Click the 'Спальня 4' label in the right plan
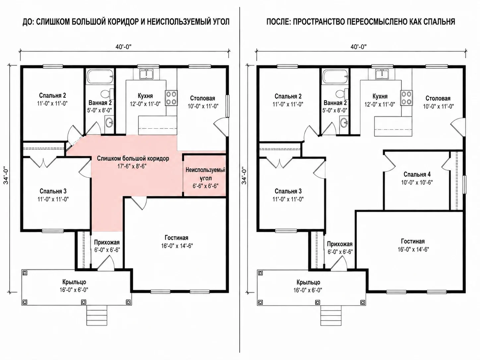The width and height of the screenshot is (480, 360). point(417,174)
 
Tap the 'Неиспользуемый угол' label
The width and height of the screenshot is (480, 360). point(205,174)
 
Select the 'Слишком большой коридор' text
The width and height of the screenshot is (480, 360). point(133,158)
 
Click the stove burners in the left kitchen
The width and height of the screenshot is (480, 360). point(171,98)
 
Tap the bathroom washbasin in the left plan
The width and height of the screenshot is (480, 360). point(109,123)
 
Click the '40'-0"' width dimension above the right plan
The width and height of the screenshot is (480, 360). point(359,46)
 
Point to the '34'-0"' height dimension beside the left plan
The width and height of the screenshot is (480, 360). point(6,176)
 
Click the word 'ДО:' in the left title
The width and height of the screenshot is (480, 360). point(28,22)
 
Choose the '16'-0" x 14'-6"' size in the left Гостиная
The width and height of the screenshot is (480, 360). point(177,246)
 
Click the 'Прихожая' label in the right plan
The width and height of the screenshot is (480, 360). point(339,244)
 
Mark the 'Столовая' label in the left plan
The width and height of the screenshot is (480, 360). point(203,98)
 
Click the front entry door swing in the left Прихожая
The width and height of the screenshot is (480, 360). point(105,263)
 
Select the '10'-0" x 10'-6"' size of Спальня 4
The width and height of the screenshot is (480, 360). point(417,182)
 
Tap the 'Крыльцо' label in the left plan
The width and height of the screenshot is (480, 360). point(74,282)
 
